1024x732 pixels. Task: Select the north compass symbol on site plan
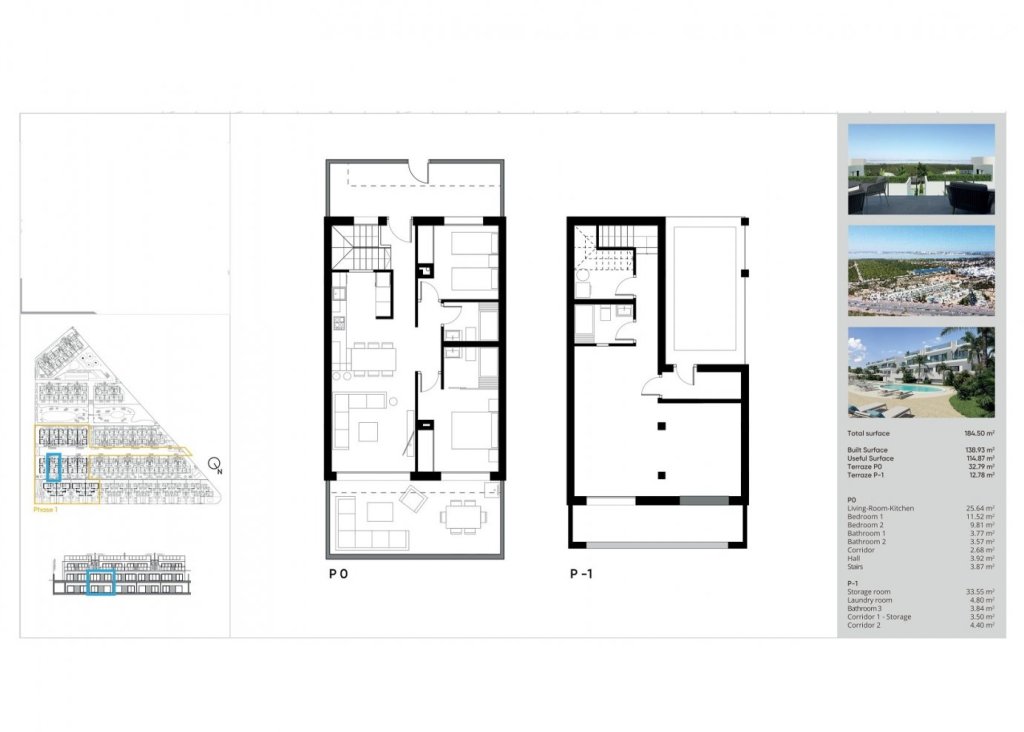tap(214, 465)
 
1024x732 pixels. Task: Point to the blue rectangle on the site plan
tap(54, 468)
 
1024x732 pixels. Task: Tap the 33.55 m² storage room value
tap(979, 592)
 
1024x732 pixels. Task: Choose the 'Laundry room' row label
tap(866, 600)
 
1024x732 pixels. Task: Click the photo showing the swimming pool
tap(921, 372)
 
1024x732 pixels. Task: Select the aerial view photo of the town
tap(921, 270)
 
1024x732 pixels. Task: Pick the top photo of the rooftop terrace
tap(921, 168)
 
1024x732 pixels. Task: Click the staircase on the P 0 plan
tap(358, 246)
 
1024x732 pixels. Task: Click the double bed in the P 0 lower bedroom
tap(471, 432)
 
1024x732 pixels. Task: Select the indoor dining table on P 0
tap(371, 357)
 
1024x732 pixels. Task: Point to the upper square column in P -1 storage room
tap(660, 427)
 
